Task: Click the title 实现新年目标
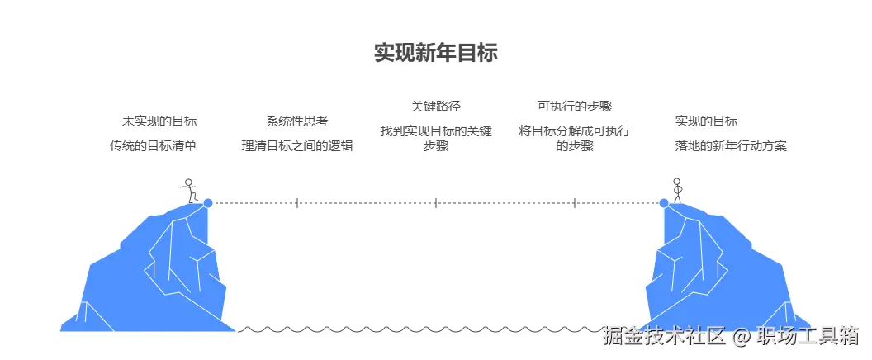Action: (435, 54)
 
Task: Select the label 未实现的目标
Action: (159, 121)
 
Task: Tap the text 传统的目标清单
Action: (154, 146)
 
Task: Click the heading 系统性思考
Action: (297, 121)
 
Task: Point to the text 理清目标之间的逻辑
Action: (297, 146)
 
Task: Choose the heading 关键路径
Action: (436, 106)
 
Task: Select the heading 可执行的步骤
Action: (575, 106)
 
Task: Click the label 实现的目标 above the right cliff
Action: (706, 121)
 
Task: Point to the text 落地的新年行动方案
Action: (731, 146)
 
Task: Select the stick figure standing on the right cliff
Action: (677, 191)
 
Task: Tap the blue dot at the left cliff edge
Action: (208, 202)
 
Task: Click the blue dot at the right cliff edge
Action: (664, 202)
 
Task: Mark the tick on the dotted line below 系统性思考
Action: (297, 202)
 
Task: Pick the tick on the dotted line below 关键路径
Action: (436, 202)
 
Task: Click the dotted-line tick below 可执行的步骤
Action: (575, 202)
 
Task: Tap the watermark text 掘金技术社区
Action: (664, 336)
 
